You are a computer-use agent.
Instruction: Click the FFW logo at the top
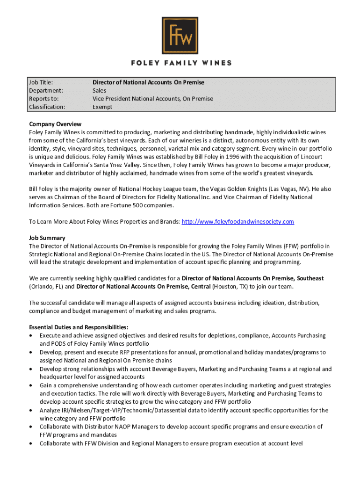coord(180,36)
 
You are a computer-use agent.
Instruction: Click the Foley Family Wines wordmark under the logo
coord(180,63)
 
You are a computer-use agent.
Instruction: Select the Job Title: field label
coord(41,82)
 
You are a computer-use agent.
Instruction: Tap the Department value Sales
coord(99,90)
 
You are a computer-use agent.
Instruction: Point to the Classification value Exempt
coord(102,107)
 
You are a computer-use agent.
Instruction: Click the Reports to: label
coord(44,99)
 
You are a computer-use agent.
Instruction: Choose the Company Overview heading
coord(55,124)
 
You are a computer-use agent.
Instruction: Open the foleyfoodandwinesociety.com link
coord(238,221)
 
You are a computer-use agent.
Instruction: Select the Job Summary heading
coord(47,238)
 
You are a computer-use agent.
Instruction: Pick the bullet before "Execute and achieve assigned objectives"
coord(31,336)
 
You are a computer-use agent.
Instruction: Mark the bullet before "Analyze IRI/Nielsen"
coord(31,410)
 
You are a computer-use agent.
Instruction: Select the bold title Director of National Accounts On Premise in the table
coord(148,82)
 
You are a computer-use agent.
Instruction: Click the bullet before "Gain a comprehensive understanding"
coord(31,385)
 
